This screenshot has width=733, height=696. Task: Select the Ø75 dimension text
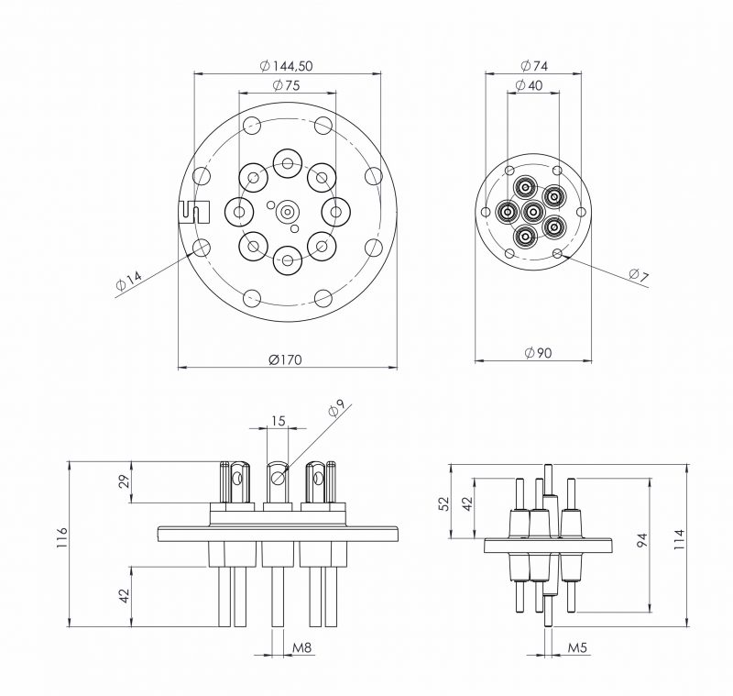click(x=287, y=85)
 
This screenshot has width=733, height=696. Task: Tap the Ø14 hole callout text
click(x=129, y=282)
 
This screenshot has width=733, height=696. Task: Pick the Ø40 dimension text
click(x=530, y=85)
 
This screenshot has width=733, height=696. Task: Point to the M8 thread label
click(x=302, y=648)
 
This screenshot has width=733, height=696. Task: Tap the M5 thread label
click(x=576, y=648)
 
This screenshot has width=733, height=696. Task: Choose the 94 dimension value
click(x=640, y=544)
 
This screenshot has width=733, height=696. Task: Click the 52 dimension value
click(x=445, y=503)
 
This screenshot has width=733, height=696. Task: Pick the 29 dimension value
click(x=125, y=482)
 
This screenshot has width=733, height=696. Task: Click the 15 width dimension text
click(x=279, y=421)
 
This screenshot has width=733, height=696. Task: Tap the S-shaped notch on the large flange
click(x=194, y=212)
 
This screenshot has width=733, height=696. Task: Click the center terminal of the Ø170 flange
click(x=288, y=212)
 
